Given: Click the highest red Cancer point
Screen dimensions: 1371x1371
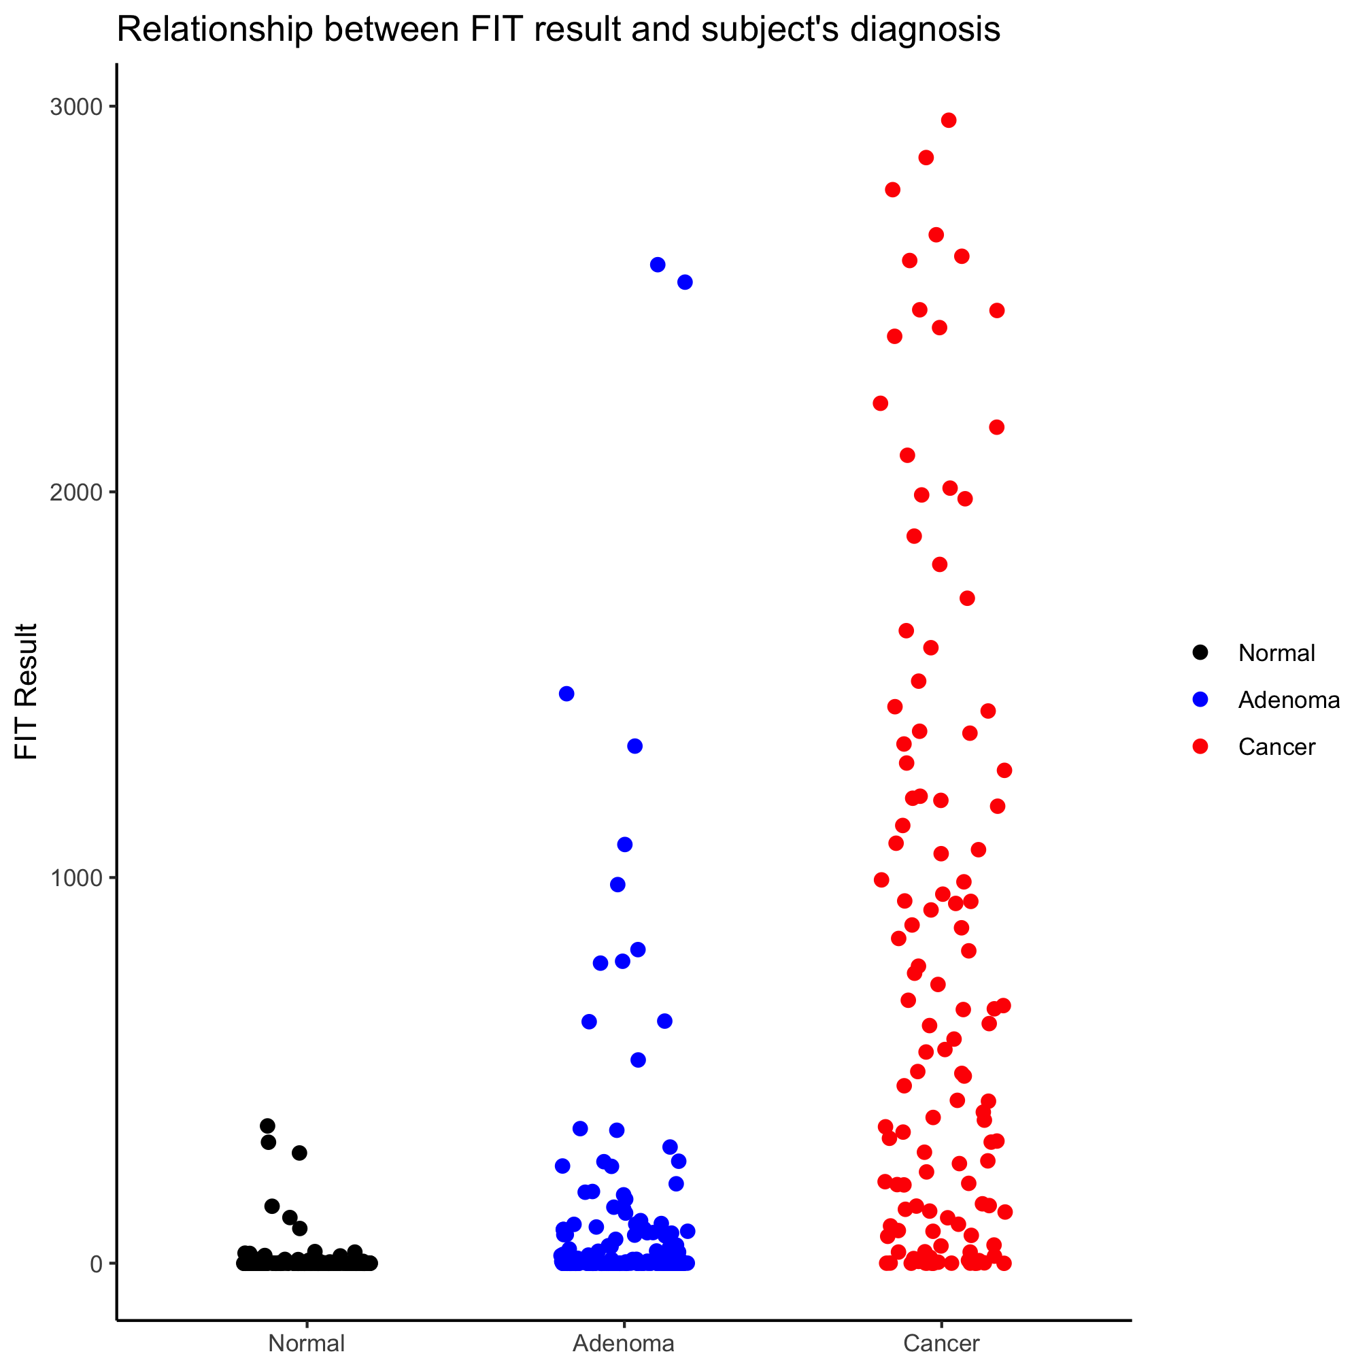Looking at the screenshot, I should point(949,120).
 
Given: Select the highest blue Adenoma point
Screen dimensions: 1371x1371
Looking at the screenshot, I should point(658,265).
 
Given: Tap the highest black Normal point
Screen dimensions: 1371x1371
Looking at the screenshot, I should point(267,1126).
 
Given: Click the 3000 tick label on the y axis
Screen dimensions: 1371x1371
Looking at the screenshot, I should point(75,107).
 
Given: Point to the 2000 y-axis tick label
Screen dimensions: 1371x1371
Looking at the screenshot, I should point(75,492).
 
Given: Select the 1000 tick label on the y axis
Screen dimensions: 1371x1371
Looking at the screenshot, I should point(75,878).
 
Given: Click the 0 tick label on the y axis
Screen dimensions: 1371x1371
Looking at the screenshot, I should point(96,1264).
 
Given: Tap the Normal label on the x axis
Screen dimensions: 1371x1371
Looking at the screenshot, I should point(307,1343).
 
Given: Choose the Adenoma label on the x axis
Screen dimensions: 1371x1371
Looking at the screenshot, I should point(624,1343).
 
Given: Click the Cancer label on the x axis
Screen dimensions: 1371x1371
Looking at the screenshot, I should point(941,1343).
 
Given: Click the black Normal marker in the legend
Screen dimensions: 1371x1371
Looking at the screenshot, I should point(1201,653).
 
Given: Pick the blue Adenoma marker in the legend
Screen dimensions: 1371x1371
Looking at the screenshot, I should point(1201,700).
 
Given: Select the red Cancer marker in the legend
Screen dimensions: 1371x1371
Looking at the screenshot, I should point(1201,747).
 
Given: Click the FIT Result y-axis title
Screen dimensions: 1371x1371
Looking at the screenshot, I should point(27,691).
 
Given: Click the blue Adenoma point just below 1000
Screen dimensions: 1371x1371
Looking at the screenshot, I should point(618,885).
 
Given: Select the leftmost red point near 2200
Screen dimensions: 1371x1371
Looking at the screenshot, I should point(881,404).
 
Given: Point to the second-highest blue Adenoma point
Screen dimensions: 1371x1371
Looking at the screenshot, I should point(685,282).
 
